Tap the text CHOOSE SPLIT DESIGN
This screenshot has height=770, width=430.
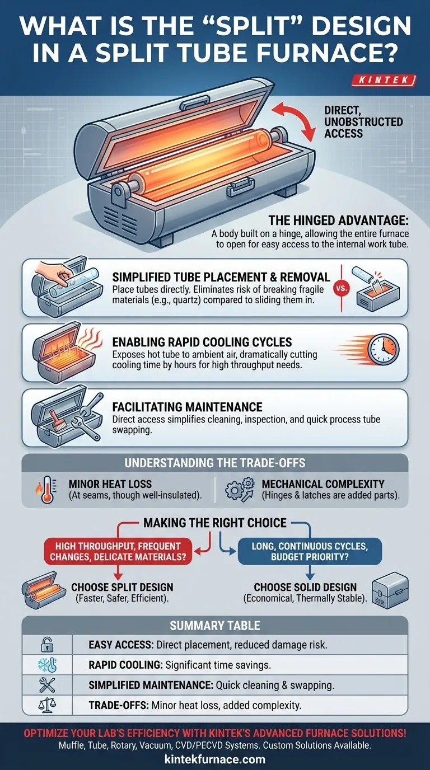(122, 588)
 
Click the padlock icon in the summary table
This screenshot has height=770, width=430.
(48, 645)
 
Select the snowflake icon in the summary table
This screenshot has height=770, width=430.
(48, 665)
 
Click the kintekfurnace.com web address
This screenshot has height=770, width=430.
(215, 759)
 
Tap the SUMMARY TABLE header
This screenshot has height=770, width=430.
(215, 625)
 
